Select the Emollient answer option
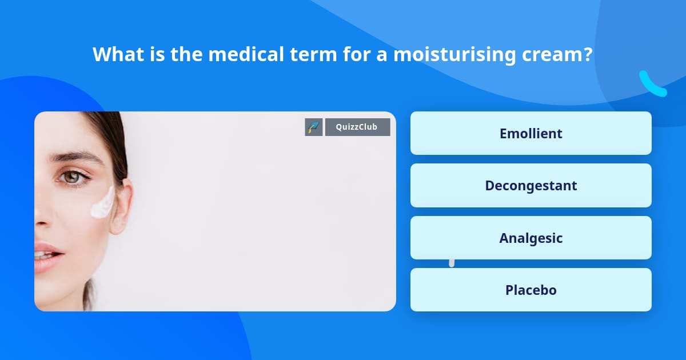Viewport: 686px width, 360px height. pyautogui.click(x=531, y=133)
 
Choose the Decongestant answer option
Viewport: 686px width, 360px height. pyautogui.click(x=531, y=186)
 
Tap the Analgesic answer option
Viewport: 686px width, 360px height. pyautogui.click(x=531, y=238)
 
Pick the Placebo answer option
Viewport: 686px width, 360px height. pyautogui.click(x=531, y=290)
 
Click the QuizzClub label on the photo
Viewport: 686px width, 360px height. pyautogui.click(x=357, y=127)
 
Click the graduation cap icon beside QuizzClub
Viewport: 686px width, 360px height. pyautogui.click(x=313, y=127)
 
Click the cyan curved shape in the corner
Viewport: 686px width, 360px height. pyautogui.click(x=652, y=84)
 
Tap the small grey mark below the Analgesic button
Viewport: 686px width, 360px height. pyautogui.click(x=452, y=263)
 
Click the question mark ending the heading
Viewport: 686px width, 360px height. pyautogui.click(x=587, y=54)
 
